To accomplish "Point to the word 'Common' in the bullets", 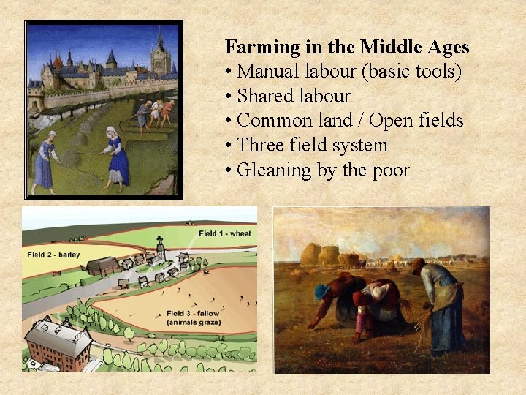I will pos(270,120).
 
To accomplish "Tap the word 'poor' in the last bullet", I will pos(391,170).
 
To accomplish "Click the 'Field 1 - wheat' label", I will pos(224,233).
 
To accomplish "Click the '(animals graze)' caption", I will pos(186,323).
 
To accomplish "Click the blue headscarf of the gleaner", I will pos(323,290).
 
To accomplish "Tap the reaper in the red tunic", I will pos(167,110).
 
